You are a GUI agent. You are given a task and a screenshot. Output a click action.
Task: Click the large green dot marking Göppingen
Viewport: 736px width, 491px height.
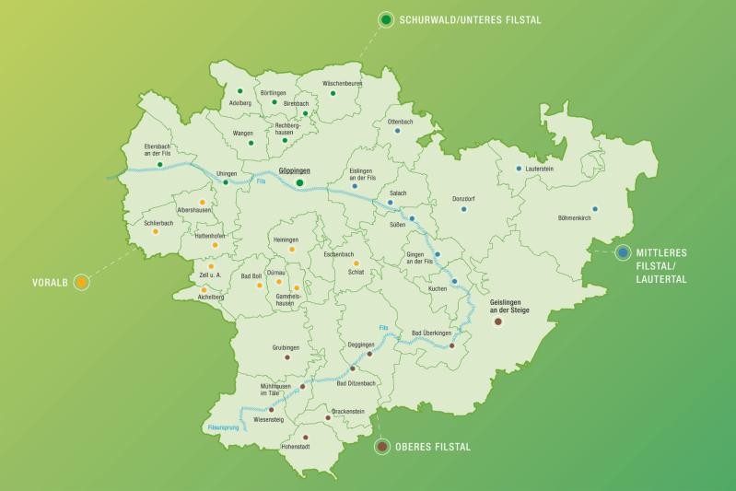tap(299, 182)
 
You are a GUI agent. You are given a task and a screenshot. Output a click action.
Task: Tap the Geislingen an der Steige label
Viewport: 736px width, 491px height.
tap(498, 306)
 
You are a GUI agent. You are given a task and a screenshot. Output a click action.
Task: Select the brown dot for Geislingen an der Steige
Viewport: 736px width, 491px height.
tap(498, 322)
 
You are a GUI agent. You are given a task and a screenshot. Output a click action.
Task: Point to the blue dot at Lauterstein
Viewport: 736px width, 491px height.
tap(519, 168)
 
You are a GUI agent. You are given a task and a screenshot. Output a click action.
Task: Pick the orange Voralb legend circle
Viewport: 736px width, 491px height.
tap(82, 283)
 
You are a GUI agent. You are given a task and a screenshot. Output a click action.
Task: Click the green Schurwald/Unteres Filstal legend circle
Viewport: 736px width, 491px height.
tap(386, 19)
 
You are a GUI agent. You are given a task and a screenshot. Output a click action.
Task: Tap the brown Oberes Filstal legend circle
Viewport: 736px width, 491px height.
tap(381, 447)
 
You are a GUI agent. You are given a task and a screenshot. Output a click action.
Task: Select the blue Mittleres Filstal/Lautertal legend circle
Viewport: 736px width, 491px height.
tap(624, 251)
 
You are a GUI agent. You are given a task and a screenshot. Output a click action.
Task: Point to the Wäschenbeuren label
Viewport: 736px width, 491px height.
tap(343, 83)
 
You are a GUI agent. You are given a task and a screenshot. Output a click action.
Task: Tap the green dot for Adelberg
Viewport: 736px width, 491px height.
tap(239, 91)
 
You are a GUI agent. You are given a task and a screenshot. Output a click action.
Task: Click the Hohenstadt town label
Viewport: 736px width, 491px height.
tap(296, 447)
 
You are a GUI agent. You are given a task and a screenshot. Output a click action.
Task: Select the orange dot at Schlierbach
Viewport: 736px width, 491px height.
tap(155, 231)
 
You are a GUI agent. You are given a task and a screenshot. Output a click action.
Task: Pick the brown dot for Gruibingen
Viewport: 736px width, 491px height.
tap(286, 357)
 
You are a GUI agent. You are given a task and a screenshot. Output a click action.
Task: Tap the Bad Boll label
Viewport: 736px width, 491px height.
tap(251, 275)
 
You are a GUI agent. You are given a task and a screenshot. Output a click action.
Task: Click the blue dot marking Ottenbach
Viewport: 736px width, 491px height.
tap(398, 131)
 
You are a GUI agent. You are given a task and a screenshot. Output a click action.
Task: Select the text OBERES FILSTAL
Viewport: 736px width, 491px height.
tap(432, 448)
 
